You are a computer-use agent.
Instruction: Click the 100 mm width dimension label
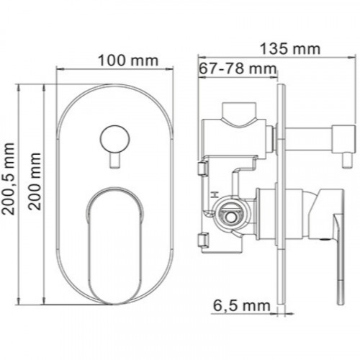click(x=128, y=60)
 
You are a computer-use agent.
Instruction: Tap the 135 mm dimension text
click(x=290, y=49)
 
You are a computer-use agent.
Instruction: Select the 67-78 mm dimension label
click(x=238, y=68)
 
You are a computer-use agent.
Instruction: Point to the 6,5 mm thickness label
click(x=242, y=306)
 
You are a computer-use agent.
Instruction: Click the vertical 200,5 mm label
click(x=9, y=179)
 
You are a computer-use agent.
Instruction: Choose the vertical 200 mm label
click(x=35, y=181)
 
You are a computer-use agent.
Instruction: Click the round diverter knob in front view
click(x=114, y=139)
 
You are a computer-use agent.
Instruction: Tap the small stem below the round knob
click(x=114, y=161)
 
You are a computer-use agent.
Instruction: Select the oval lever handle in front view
click(x=114, y=245)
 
